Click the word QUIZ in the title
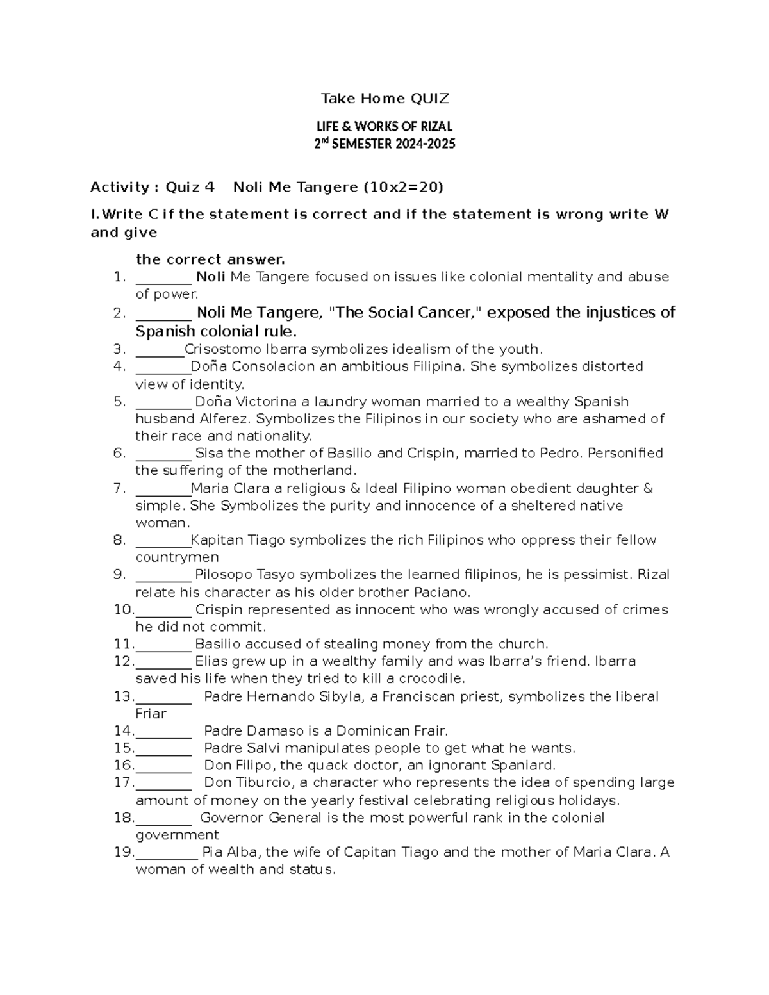click(x=429, y=99)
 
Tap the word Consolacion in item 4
click(x=272, y=366)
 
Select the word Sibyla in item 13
click(x=340, y=696)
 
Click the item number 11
click(x=122, y=644)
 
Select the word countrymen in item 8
click(x=177, y=557)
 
